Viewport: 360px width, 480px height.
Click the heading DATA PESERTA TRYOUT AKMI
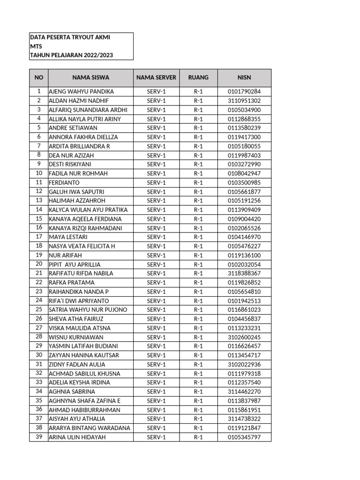point(70,37)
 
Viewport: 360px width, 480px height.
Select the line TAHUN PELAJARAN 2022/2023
point(71,55)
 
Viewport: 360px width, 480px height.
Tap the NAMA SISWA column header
point(90,77)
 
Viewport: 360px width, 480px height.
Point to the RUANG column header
point(198,77)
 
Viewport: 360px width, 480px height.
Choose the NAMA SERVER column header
point(156,77)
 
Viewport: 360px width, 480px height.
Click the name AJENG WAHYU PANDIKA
point(81,91)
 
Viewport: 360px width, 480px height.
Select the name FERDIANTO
point(64,182)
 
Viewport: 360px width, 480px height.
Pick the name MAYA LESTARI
point(68,237)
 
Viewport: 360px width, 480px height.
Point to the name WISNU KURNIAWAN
point(76,337)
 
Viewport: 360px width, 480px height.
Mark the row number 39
point(39,437)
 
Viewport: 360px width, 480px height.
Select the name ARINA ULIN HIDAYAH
point(77,437)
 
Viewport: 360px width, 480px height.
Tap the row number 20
point(39,264)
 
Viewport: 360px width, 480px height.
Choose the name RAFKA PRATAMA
point(72,283)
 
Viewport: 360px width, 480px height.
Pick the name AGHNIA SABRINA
point(72,391)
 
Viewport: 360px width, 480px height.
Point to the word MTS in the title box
point(36,46)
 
